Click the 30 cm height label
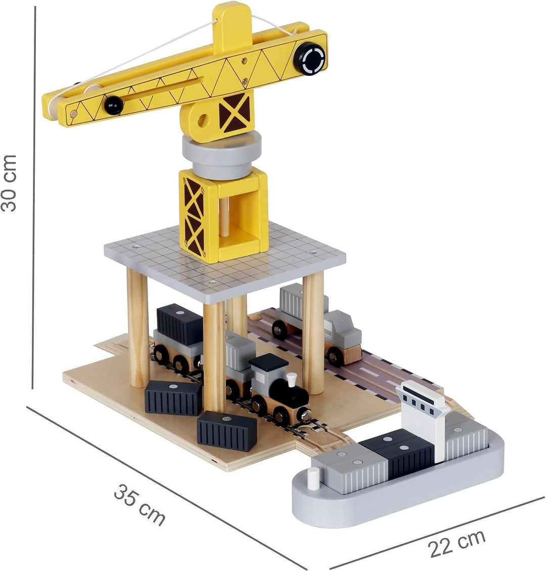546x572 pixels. tap(9, 183)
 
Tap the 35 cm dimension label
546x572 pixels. tap(140, 504)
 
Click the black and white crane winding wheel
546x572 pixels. tap(309, 57)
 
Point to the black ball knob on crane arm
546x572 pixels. tap(114, 105)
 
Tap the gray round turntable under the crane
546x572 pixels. tap(222, 155)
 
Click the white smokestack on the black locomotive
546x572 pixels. tap(291, 380)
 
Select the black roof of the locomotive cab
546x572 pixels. tap(268, 361)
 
